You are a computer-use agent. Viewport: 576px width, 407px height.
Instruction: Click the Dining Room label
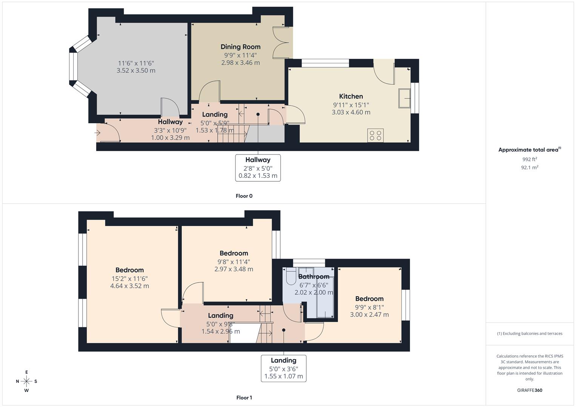[240, 47]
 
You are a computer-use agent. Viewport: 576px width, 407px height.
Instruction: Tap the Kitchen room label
[351, 96]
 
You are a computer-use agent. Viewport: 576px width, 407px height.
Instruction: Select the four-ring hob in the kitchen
[375, 135]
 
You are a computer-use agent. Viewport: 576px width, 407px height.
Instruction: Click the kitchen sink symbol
[404, 98]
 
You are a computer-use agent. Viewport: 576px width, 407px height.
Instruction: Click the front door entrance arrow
[98, 133]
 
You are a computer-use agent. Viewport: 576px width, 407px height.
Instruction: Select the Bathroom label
[314, 277]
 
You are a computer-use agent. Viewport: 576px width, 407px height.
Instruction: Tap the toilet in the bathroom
[291, 277]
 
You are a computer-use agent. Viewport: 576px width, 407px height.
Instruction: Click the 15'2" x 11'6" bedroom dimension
[129, 279]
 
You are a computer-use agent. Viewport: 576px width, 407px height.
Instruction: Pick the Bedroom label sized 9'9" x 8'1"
[369, 299]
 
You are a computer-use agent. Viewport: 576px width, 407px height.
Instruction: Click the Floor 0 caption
[244, 196]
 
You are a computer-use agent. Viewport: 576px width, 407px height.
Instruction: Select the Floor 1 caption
[244, 398]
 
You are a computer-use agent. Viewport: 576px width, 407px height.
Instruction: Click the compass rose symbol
[26, 381]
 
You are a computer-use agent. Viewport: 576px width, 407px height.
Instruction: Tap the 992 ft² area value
[530, 159]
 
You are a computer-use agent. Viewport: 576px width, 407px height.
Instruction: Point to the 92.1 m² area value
[530, 168]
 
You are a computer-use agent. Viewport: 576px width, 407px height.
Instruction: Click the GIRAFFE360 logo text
[530, 390]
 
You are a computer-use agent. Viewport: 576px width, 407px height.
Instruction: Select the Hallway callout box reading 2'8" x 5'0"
[258, 168]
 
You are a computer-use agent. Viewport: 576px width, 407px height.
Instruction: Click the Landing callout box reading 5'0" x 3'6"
[284, 368]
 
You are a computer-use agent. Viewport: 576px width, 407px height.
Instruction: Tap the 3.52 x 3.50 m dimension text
[136, 70]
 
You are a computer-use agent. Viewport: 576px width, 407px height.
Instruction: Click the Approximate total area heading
[529, 150]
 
